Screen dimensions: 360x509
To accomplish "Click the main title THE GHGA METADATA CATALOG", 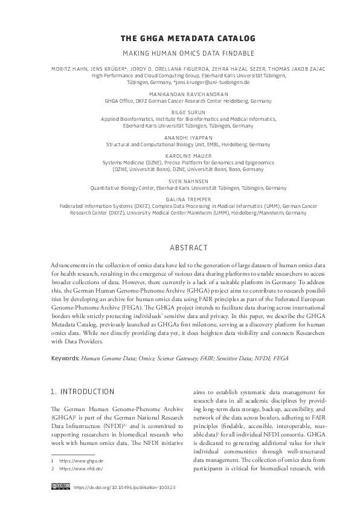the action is tap(179, 38).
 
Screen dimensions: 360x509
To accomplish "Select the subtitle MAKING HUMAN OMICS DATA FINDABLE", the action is tap(179, 53).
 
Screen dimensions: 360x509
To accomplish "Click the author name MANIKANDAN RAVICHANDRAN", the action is tap(179, 95).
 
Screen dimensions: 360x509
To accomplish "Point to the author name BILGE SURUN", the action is tap(179, 112).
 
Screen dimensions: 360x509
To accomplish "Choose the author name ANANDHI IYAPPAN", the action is tap(179, 137).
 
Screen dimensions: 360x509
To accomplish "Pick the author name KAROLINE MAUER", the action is tap(179, 155).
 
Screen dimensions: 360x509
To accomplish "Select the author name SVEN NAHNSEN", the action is tap(179, 180).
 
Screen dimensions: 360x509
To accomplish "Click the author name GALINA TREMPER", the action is tap(179, 198).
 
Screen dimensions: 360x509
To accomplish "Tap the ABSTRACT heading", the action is tap(179, 248).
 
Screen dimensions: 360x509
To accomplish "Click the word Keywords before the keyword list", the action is tap(65, 358).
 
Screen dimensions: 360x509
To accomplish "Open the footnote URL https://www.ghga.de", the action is tap(77, 461).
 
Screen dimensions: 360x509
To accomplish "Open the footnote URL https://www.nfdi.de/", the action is tap(77, 468).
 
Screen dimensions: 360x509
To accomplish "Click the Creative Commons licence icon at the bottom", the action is tap(59, 487).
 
